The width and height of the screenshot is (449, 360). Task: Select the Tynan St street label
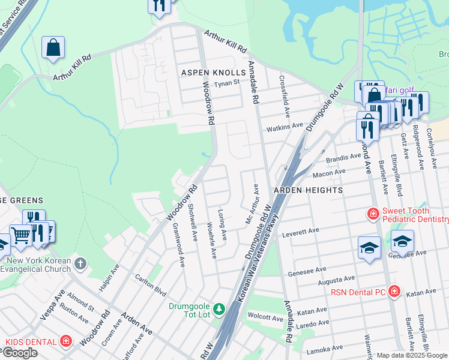coord(228,83)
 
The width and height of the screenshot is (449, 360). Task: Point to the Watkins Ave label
coord(285,127)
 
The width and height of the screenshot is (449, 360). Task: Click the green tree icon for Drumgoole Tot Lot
coord(220,309)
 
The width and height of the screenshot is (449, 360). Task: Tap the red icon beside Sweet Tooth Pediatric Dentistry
coord(373,214)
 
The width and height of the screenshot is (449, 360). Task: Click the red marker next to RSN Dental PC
coord(394,292)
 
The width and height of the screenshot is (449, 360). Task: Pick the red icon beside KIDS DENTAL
coord(66,341)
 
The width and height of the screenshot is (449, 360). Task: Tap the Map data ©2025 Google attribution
coord(412,355)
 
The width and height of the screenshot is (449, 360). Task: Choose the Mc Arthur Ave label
coord(252,204)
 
